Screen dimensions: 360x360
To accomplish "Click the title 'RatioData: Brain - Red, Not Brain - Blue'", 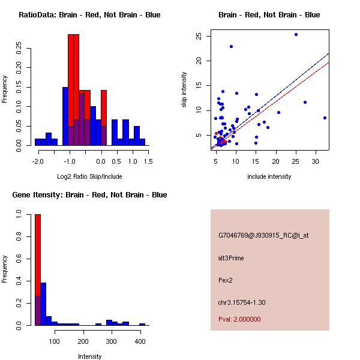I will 89,15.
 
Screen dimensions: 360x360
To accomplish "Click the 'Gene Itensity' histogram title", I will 89,195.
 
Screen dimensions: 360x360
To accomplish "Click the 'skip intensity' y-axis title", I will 184,90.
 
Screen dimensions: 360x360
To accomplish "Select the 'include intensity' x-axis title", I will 269,176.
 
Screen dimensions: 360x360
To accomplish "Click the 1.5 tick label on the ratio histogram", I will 148,161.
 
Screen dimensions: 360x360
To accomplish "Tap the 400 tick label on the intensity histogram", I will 140,341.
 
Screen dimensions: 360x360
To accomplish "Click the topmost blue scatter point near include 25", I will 296,35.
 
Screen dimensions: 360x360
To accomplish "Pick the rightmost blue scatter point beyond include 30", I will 325,118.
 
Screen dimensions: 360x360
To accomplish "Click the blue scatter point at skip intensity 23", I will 231,46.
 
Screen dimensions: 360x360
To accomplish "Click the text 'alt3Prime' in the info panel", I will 231,258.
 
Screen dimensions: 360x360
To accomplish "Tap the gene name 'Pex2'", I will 226,280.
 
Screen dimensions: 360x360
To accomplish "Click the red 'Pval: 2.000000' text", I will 239,319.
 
